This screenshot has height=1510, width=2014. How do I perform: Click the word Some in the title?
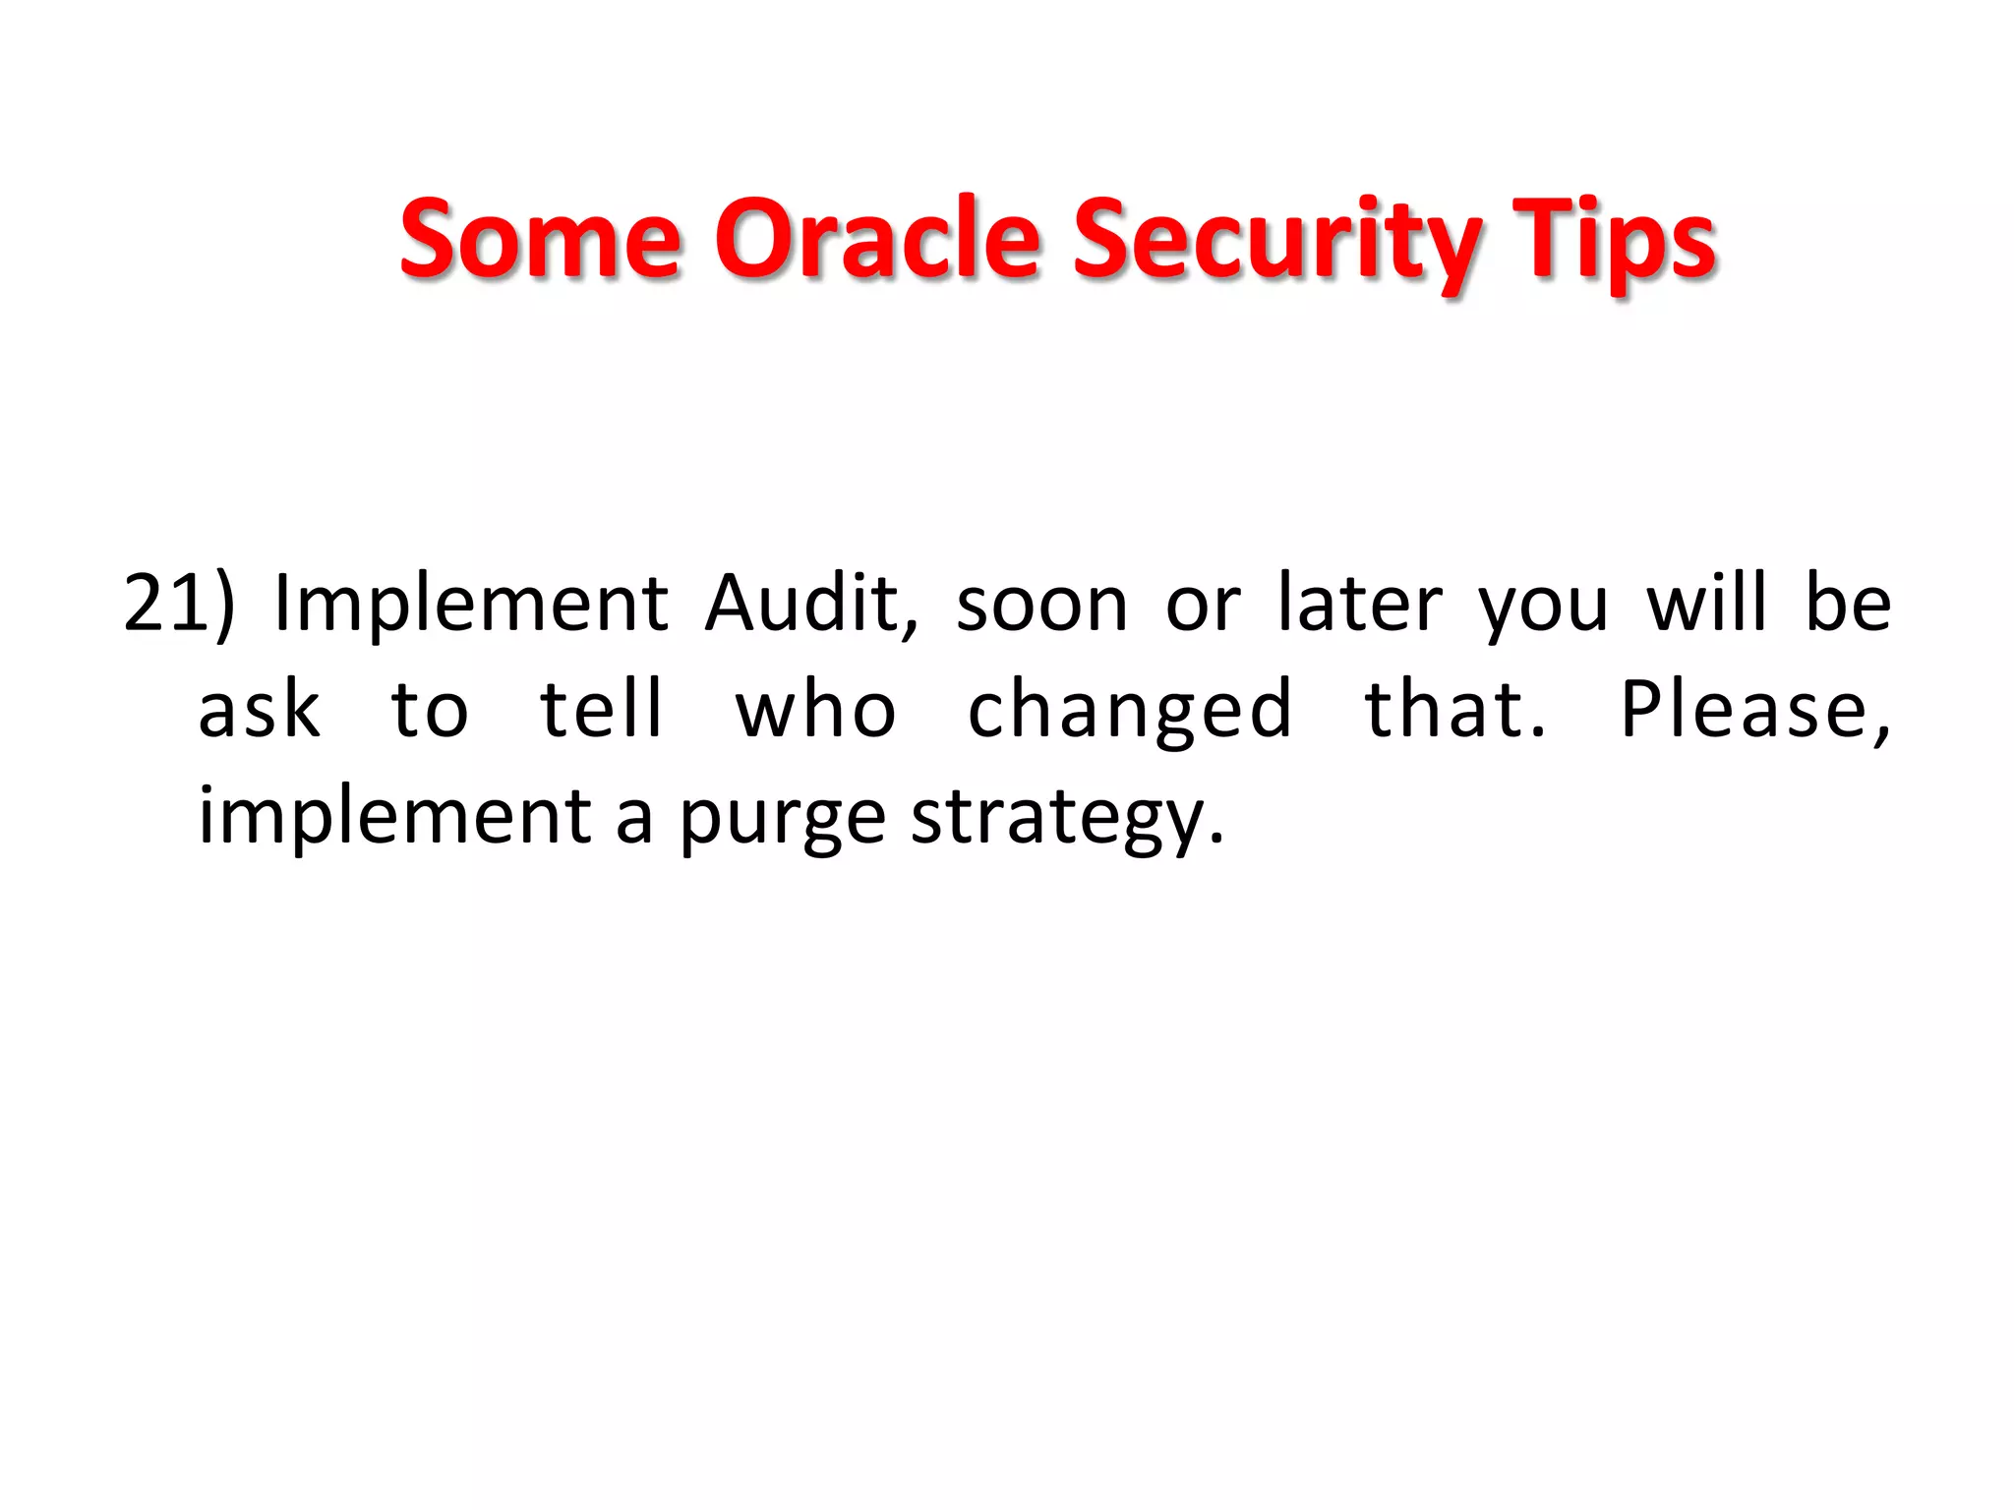(540, 239)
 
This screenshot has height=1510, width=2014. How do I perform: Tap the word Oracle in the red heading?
(876, 239)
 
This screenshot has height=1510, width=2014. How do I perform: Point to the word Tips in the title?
(1613, 241)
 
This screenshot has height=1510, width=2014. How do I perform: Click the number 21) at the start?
(179, 604)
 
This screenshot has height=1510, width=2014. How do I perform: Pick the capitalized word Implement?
(471, 604)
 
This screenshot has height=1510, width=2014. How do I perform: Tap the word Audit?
(811, 604)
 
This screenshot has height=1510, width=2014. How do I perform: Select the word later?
(1360, 604)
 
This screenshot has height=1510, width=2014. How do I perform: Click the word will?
(1706, 602)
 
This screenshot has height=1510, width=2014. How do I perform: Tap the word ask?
(259, 710)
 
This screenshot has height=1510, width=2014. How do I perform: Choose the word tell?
(602, 710)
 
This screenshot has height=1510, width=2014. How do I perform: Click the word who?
(815, 710)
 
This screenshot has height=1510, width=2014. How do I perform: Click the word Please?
(1749, 710)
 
